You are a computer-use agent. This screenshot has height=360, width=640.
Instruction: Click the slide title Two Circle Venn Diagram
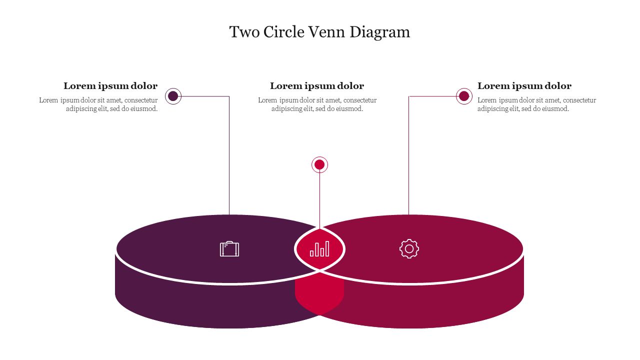pos(319,32)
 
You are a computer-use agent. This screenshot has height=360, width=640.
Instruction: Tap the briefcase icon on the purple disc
pos(229,249)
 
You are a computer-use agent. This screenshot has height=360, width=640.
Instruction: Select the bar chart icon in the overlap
pos(319,248)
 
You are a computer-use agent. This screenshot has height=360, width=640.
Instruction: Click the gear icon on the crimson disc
pos(409,248)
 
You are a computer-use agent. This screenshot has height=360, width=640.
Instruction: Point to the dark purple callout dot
pos(173,96)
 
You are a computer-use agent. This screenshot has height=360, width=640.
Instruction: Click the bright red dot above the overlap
pos(319,164)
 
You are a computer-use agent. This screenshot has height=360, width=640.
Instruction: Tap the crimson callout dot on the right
pos(464,96)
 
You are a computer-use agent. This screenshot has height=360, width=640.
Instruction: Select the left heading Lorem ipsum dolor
pos(110,86)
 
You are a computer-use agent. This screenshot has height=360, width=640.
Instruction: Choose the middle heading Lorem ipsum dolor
pos(317,86)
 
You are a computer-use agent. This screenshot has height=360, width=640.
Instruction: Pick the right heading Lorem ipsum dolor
pos(524,86)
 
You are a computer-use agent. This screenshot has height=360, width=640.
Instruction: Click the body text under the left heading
pos(99,104)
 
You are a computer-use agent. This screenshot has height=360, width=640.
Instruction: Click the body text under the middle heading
pos(317,104)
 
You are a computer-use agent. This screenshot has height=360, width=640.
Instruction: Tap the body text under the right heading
pos(536,104)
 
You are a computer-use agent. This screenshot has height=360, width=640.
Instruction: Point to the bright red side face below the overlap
pos(319,295)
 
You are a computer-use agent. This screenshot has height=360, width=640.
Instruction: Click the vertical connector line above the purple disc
pos(229,160)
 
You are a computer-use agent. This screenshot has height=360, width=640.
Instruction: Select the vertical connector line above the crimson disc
pos(409,160)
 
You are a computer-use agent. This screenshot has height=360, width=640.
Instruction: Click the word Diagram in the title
pos(379,32)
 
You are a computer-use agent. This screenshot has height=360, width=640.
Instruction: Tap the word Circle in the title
pos(283,32)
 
